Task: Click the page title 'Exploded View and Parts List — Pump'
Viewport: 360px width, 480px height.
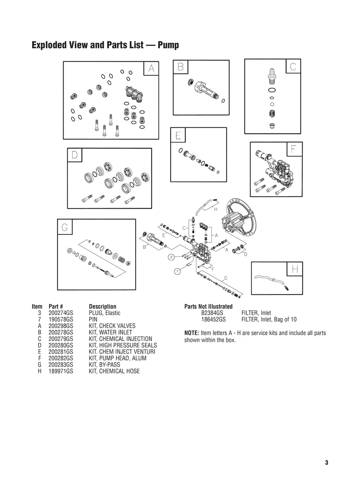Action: point(105,45)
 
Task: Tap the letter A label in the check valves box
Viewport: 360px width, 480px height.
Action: point(151,69)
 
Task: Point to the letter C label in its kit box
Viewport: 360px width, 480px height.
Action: point(293,66)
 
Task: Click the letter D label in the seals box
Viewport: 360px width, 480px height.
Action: point(74,155)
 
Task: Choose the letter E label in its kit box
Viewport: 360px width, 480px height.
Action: point(178,135)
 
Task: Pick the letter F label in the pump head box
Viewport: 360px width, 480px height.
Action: point(294,149)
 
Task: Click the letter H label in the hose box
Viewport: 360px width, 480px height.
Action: point(295,269)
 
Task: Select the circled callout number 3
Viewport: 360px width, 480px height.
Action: point(170,257)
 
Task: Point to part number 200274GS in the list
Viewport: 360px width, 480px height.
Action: point(61,313)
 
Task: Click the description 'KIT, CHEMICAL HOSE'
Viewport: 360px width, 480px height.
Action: point(114,371)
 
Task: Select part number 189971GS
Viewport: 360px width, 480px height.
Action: point(61,371)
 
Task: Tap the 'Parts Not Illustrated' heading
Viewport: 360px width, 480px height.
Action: point(208,306)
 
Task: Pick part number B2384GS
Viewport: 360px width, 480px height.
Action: point(212,313)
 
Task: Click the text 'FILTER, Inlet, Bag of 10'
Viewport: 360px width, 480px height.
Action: point(269,319)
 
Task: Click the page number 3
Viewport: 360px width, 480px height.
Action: point(326,463)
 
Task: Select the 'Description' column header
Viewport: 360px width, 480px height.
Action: point(103,306)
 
